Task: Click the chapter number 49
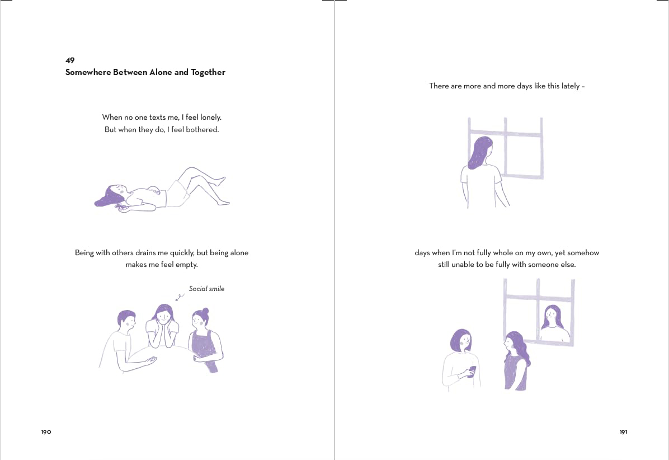point(70,60)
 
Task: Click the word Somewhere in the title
point(88,72)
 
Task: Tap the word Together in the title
point(208,73)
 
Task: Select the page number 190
point(46,432)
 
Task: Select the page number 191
point(623,432)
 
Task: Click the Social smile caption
point(206,289)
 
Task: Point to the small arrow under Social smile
point(180,297)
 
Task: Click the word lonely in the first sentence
point(211,118)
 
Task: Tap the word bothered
point(202,129)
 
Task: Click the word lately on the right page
point(570,86)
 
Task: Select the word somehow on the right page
point(583,252)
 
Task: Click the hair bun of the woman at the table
point(205,311)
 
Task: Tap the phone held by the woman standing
point(472,370)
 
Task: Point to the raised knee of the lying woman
point(191,170)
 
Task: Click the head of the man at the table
point(126,321)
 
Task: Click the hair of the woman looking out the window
point(479,152)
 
